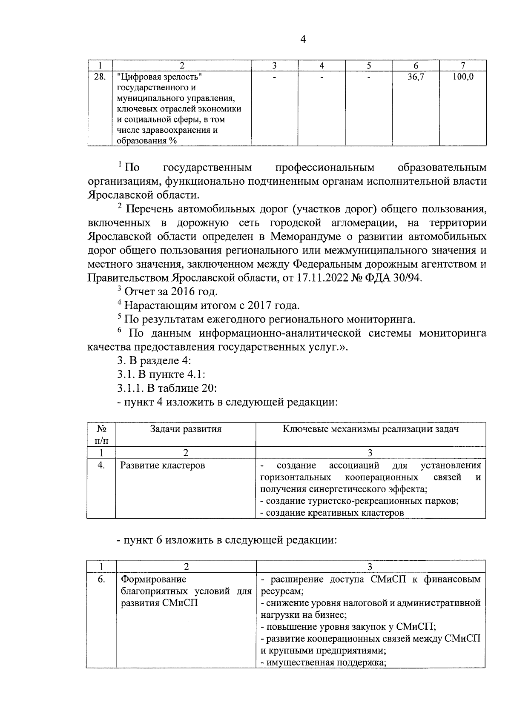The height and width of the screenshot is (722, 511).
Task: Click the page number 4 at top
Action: point(303,40)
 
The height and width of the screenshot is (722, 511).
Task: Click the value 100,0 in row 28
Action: point(463,77)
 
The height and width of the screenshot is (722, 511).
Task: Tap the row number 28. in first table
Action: point(100,77)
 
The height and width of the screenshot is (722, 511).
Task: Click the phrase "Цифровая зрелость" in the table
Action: point(159,77)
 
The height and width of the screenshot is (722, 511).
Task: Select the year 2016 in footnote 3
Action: point(184,292)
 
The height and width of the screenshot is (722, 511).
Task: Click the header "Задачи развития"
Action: point(186,429)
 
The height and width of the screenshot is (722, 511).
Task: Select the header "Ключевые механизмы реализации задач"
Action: point(370,429)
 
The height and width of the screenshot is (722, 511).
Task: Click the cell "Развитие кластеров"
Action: point(163,465)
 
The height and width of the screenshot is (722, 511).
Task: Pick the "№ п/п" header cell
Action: point(101,434)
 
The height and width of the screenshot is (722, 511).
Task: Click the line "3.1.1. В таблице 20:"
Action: point(168,388)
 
